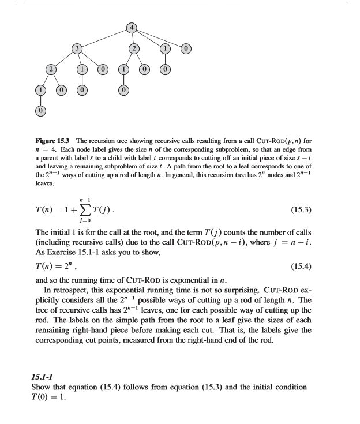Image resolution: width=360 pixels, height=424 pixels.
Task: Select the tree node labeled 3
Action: (x=75, y=49)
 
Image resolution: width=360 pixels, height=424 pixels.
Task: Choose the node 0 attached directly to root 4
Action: (x=186, y=49)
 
